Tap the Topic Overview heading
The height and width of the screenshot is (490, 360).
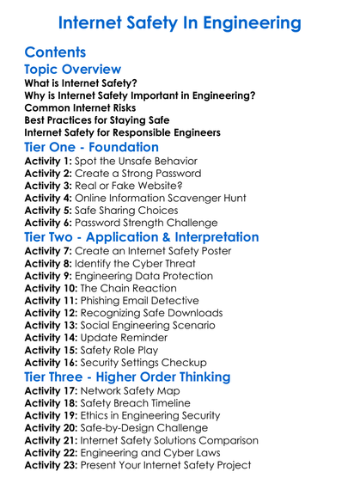[73, 70]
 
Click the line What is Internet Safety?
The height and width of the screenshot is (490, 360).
[82, 84]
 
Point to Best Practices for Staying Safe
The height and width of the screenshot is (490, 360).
[96, 120]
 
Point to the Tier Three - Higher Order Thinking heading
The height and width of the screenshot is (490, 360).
[127, 377]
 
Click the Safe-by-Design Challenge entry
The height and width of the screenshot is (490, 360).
[151, 428]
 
